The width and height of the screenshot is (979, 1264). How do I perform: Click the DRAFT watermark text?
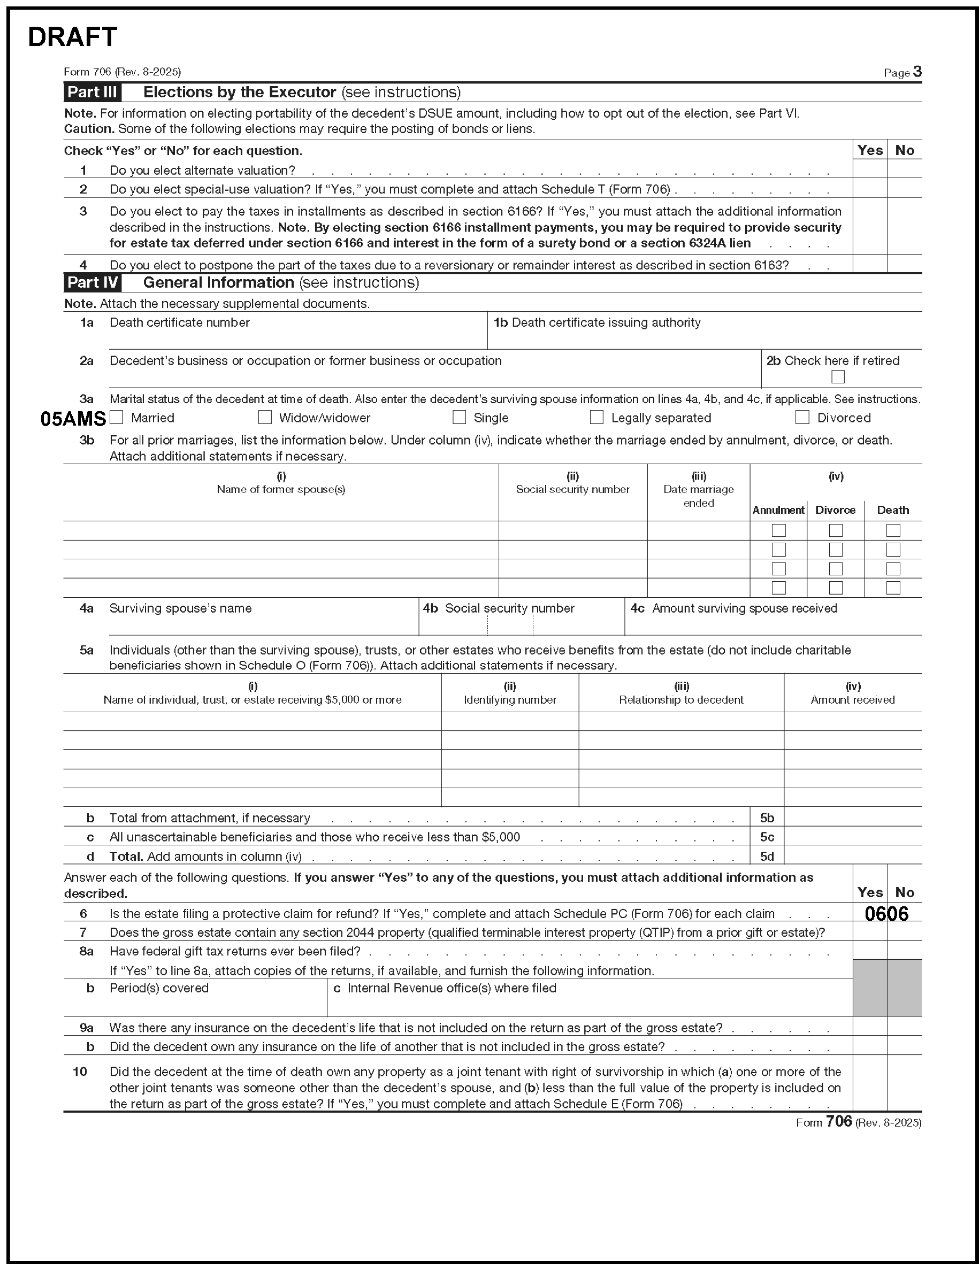pyautogui.click(x=72, y=37)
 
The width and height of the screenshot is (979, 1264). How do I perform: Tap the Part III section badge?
pyautogui.click(x=92, y=92)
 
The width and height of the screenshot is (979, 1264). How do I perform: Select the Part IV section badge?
pyautogui.click(x=92, y=282)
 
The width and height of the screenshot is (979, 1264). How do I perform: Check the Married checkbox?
pyautogui.click(x=117, y=417)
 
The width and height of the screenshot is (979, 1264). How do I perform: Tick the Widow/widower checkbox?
pyautogui.click(x=265, y=417)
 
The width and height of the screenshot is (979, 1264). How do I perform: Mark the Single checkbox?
pyautogui.click(x=459, y=417)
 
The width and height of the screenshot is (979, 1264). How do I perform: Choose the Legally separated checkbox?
pyautogui.click(x=596, y=417)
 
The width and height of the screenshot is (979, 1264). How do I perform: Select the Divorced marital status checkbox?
pyautogui.click(x=802, y=417)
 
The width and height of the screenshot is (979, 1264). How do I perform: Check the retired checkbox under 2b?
pyautogui.click(x=837, y=377)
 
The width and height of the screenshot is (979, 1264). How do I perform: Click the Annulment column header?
pyautogui.click(x=778, y=510)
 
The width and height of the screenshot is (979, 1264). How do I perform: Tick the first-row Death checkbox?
pyautogui.click(x=893, y=530)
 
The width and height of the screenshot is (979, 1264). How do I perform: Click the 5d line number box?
pyautogui.click(x=767, y=857)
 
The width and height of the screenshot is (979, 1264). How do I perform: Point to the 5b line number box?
pyautogui.click(x=767, y=818)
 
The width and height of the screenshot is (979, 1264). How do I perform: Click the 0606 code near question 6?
pyautogui.click(x=886, y=914)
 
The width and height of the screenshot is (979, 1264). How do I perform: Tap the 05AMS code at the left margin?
pyautogui.click(x=73, y=419)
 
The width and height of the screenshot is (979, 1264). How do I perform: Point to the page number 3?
pyautogui.click(x=917, y=72)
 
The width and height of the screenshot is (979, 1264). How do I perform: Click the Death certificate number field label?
pyautogui.click(x=179, y=322)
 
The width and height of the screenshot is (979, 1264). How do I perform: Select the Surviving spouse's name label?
pyautogui.click(x=180, y=608)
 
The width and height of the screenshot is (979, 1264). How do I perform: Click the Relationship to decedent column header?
pyautogui.click(x=681, y=700)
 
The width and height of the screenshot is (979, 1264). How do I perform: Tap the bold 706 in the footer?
pyautogui.click(x=839, y=1122)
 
